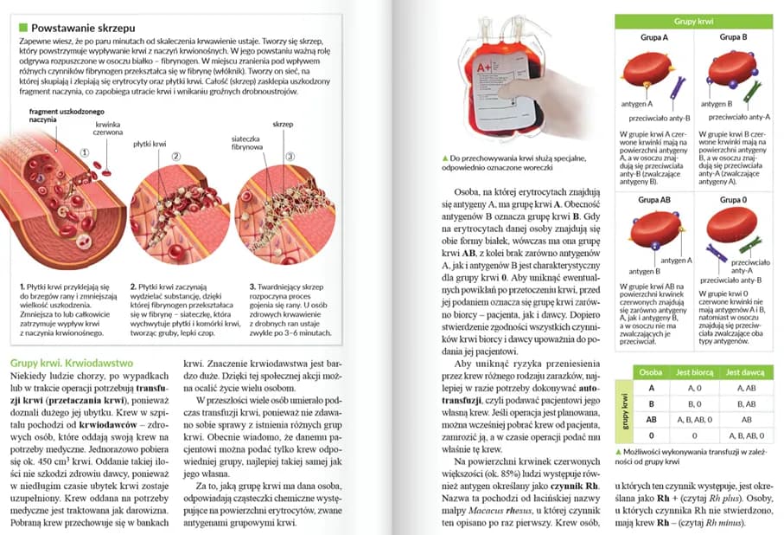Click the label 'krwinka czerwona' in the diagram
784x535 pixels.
pyautogui.click(x=109, y=129)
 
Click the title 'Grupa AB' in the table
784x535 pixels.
pyautogui.click(x=653, y=200)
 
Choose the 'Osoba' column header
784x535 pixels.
pyautogui.click(x=650, y=371)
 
